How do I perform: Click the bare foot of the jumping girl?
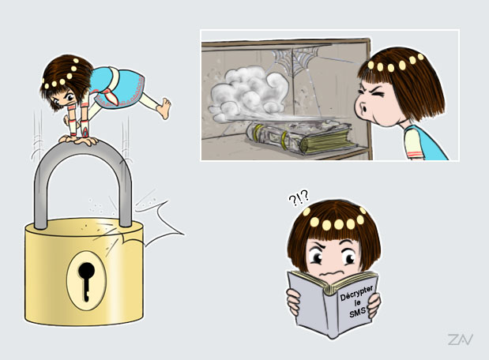164,108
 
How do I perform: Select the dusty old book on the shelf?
301,137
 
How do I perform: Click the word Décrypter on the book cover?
356,293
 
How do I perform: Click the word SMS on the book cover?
357,312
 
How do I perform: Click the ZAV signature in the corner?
461,339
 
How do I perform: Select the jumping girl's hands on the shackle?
78,140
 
